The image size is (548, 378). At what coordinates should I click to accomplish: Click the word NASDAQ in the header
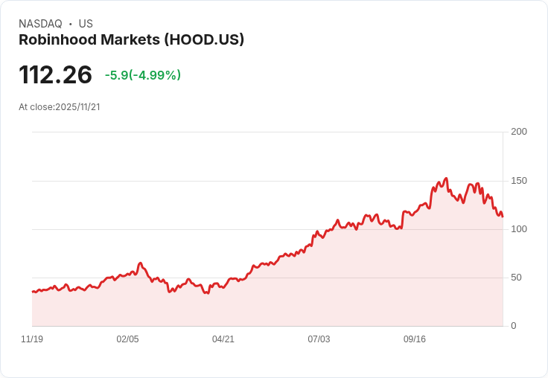tap(40, 24)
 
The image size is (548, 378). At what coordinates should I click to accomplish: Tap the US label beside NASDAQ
tap(86, 24)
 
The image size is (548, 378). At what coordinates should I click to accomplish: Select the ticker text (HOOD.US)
tap(202, 40)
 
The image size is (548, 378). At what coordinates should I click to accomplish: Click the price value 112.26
tap(55, 74)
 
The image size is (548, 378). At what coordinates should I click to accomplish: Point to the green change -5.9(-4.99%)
tap(143, 75)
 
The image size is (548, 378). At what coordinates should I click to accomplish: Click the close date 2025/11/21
tap(77, 107)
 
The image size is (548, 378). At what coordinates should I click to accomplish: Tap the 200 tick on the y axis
tap(519, 132)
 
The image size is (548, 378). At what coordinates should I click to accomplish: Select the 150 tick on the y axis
tap(519, 181)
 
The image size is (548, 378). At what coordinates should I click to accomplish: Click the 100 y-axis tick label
tap(519, 229)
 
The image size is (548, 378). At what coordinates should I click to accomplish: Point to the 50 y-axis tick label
tap(516, 278)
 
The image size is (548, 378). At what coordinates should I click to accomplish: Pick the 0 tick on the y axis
tap(513, 326)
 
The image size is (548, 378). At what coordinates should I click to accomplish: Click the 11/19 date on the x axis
tap(32, 339)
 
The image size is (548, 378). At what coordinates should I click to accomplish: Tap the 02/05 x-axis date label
tap(127, 339)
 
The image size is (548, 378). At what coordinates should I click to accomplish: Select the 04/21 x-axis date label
tap(223, 339)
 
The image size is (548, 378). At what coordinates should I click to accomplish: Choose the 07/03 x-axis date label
tap(319, 339)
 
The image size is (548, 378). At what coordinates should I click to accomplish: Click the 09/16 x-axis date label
tap(415, 339)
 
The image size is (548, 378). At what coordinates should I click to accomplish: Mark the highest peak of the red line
tap(446, 179)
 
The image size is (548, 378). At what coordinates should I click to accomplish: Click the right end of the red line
tap(503, 217)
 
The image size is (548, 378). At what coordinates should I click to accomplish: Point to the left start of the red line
tap(32, 292)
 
